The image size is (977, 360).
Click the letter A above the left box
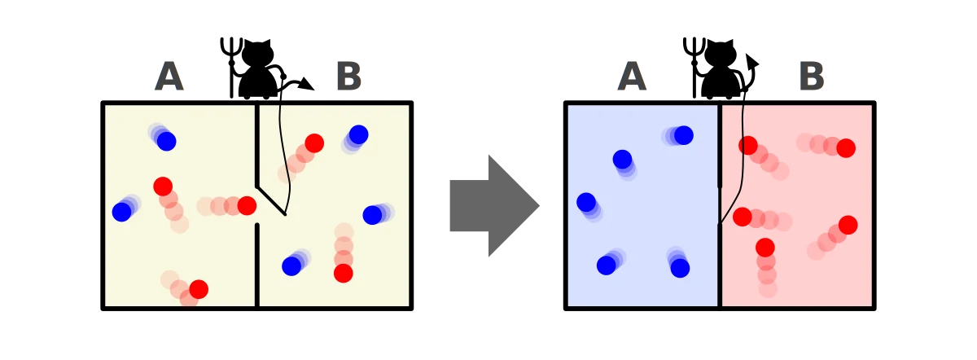169,76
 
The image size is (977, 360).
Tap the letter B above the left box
349,76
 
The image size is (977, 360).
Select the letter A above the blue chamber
632,76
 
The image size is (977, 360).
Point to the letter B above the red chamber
812,76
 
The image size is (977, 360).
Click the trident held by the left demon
231,65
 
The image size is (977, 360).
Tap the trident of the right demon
694,65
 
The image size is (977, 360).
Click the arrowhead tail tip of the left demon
308,84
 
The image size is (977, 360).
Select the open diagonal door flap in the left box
271,201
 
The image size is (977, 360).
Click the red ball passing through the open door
247,205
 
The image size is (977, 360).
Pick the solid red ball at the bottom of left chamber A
199,289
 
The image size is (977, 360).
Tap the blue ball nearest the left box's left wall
121,212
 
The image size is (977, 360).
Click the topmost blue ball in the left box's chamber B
358,134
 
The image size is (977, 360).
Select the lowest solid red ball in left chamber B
344,273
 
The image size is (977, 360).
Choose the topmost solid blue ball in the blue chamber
683,135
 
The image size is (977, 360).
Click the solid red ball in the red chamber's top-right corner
846,148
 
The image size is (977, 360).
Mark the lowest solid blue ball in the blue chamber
680,268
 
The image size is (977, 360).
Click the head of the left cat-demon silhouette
258,55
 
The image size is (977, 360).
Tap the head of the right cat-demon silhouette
721,55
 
